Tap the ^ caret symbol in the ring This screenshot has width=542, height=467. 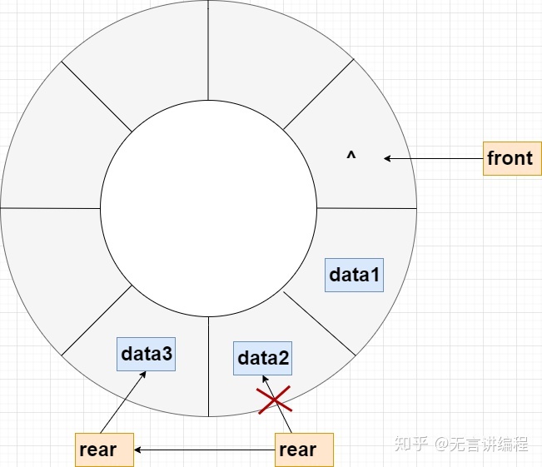tap(351, 156)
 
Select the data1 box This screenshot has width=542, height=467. tap(354, 275)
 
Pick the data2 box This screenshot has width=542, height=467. tap(263, 358)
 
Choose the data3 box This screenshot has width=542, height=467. tap(147, 355)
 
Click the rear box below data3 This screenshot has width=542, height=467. tap(104, 450)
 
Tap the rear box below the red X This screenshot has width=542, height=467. tap(304, 450)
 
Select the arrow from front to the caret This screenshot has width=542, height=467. tap(433, 158)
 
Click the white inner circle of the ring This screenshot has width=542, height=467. tap(208, 208)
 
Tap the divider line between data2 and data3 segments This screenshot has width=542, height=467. tap(208, 366)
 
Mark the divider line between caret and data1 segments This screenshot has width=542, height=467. tap(366, 208)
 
